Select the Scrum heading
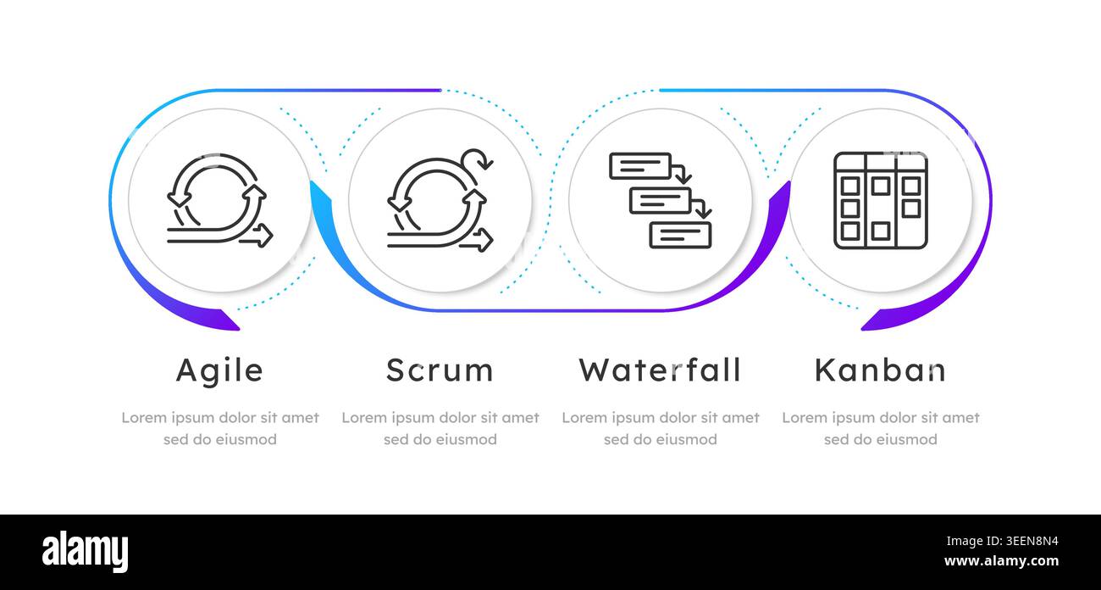(440, 370)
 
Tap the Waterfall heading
(660, 370)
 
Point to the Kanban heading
(880, 370)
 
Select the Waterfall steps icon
(660, 200)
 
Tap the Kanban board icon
(880, 200)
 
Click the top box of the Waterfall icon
(640, 166)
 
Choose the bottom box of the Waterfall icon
(680, 235)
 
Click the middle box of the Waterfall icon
(661, 200)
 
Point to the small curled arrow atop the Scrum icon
(478, 159)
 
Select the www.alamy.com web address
(1001, 560)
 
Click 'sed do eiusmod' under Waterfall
(660, 439)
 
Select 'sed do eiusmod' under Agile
(219, 439)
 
